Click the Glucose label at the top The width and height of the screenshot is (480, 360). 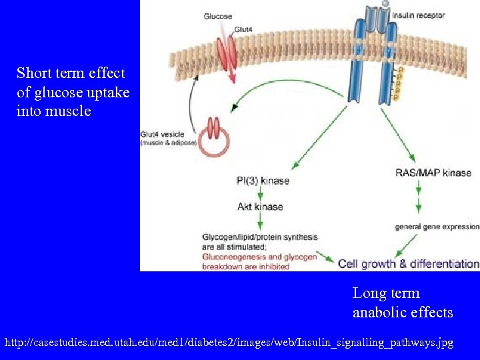click(218, 16)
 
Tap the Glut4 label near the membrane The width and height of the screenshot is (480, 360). click(243, 30)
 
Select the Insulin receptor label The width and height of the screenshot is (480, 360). click(419, 15)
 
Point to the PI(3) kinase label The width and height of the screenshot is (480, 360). click(263, 181)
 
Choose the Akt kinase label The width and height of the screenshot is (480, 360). click(260, 207)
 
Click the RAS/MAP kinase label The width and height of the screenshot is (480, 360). click(433, 173)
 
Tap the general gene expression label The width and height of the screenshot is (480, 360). click(437, 227)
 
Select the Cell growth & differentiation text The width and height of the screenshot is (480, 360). click(408, 263)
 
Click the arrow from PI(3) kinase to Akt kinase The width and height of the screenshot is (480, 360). click(260, 193)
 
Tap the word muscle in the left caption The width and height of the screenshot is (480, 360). click(68, 111)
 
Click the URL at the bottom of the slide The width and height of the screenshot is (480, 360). click(229, 343)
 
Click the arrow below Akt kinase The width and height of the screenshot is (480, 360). click(260, 221)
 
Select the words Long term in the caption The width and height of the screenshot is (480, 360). click(386, 293)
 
